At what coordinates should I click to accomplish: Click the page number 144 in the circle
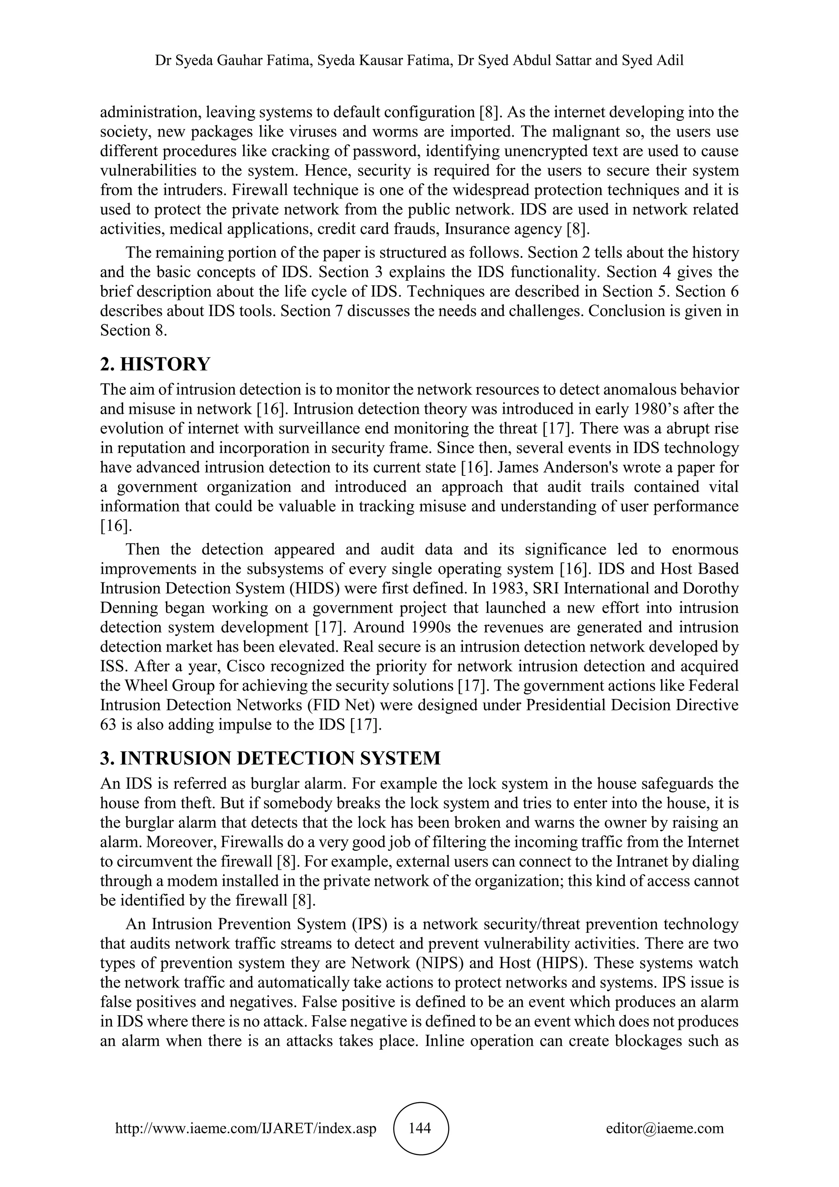(x=419, y=1128)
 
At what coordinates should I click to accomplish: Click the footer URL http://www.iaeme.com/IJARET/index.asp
(x=246, y=1128)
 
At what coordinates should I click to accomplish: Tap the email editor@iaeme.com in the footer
(x=665, y=1128)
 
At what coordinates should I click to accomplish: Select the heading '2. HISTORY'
(x=155, y=364)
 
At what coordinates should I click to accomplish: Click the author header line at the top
(x=419, y=61)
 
